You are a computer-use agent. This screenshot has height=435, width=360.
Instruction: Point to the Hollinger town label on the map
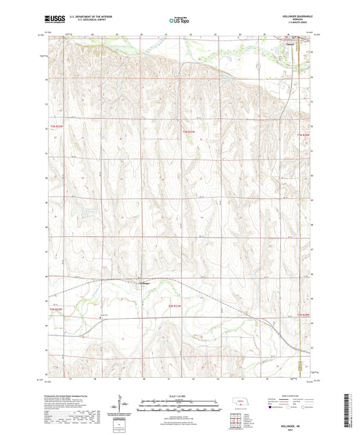144,283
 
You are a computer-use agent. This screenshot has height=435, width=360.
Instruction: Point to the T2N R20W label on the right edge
304,315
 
